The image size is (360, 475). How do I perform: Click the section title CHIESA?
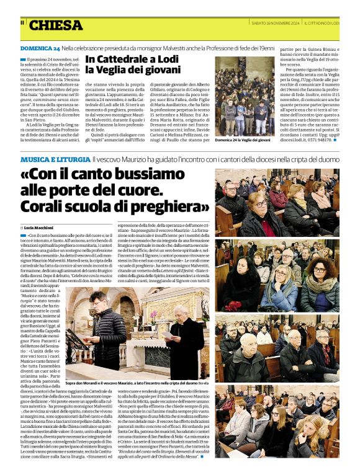point(55,25)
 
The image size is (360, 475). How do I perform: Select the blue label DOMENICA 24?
point(40,48)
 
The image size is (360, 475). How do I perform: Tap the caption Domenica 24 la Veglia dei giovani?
point(243,141)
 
